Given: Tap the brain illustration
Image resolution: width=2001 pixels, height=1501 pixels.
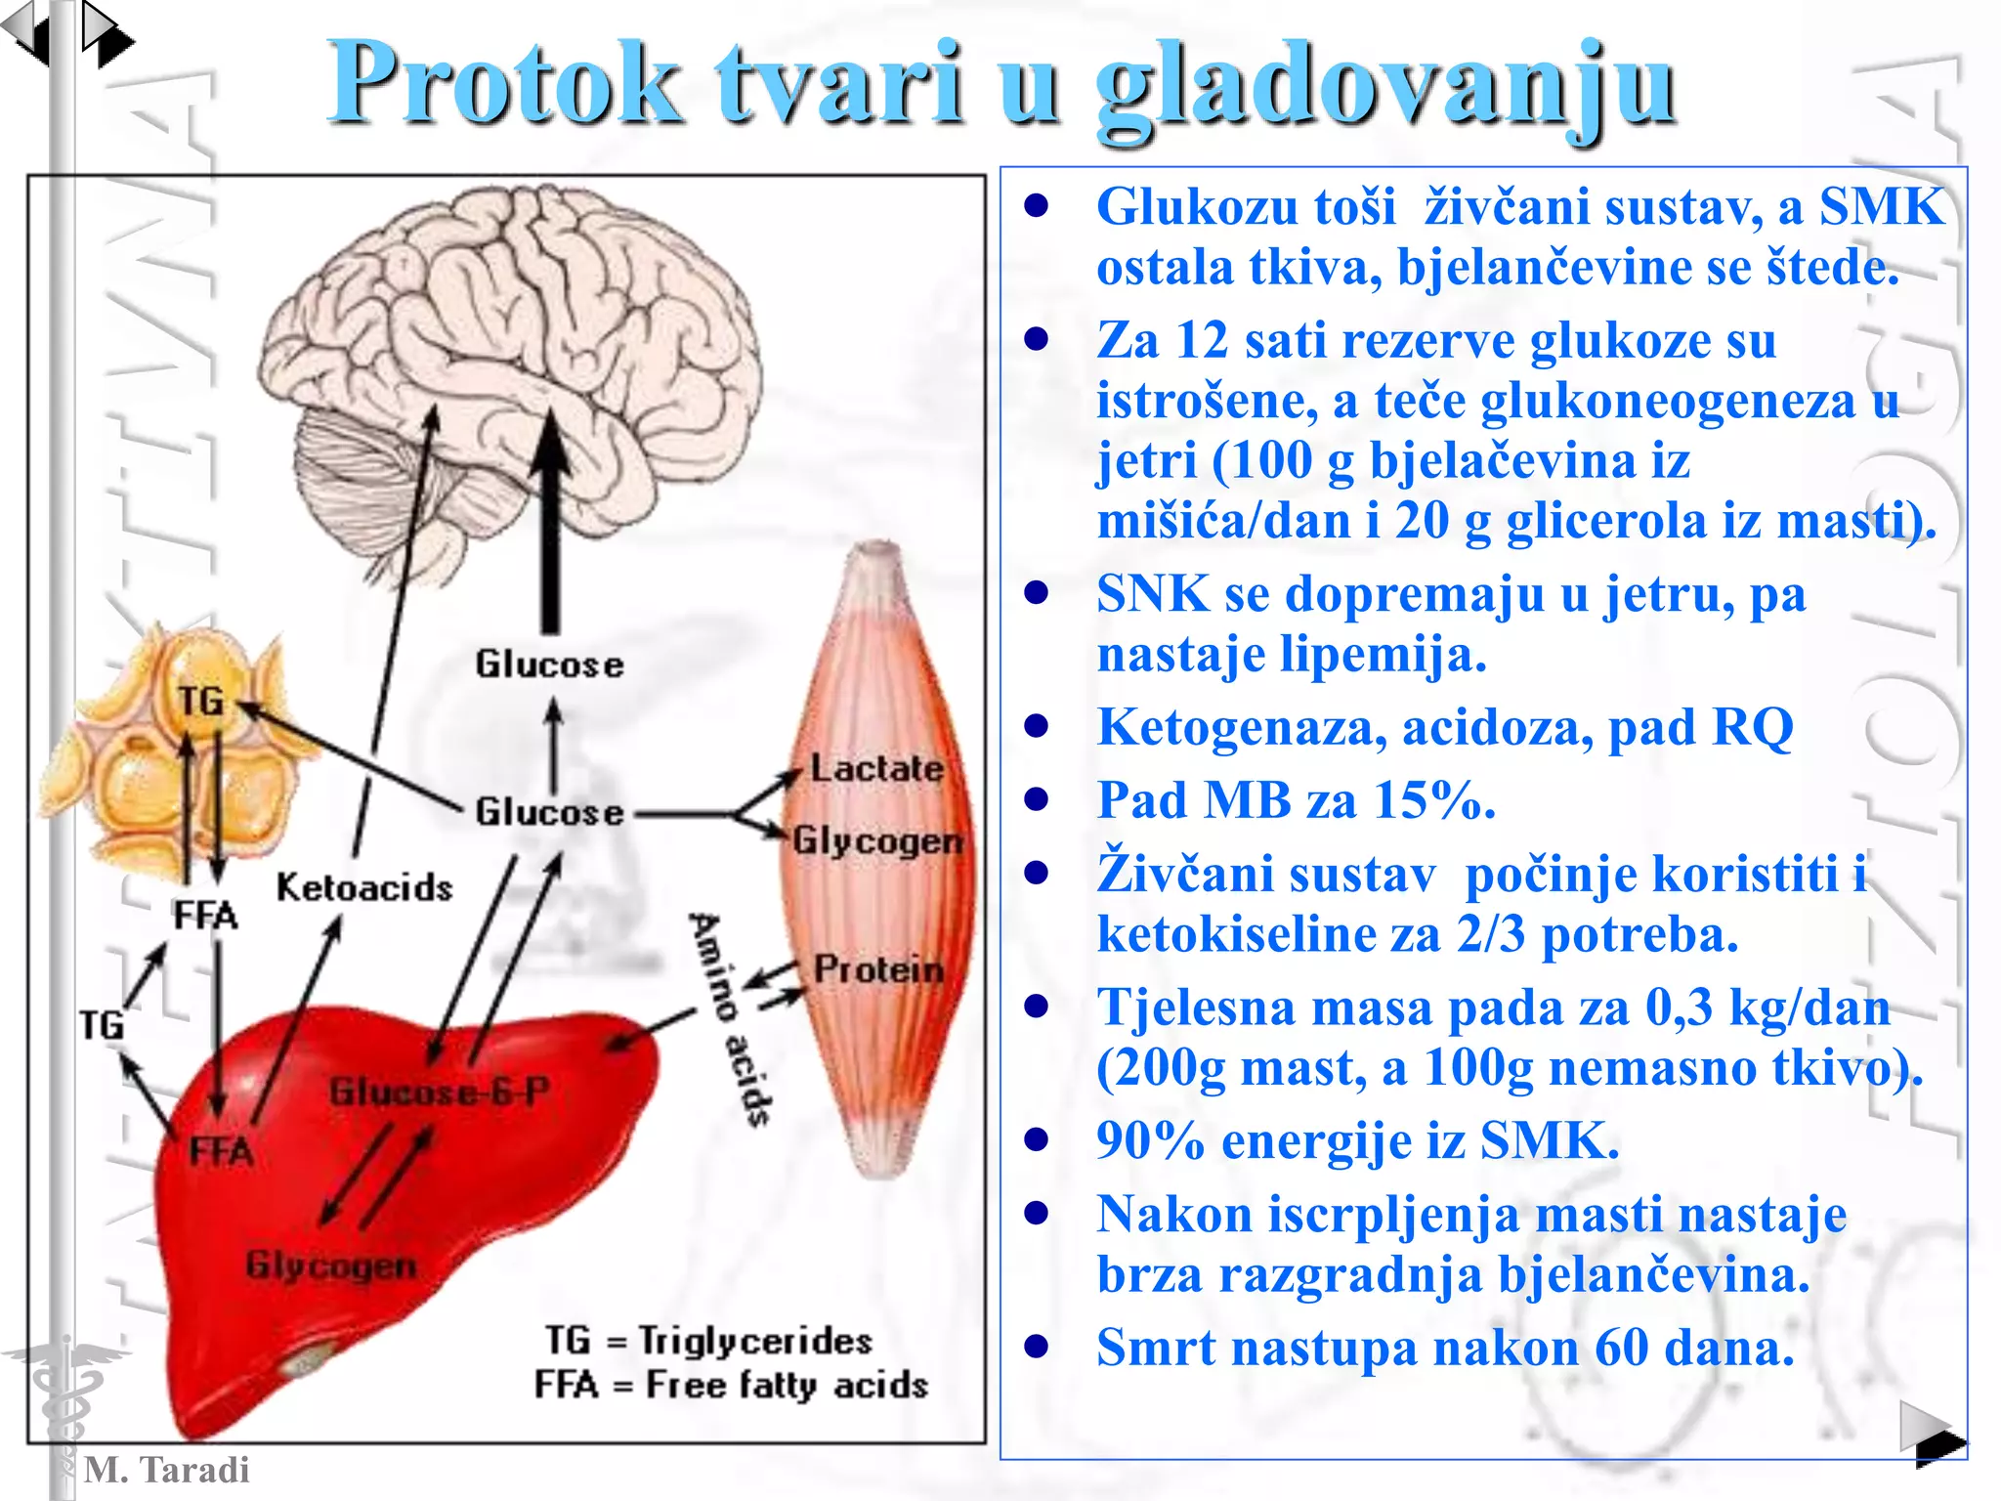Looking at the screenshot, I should pos(508,322).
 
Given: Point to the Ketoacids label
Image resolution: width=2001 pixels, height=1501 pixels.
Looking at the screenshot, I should pos(364,887).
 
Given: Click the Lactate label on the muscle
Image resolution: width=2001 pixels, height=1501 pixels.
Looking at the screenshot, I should pos(876,768).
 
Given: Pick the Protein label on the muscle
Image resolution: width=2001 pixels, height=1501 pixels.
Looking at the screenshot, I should pos(878,969).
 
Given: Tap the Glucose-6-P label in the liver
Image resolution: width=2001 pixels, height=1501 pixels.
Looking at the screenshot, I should pos(440,1092).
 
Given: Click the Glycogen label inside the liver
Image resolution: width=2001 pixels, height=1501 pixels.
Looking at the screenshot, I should pos(331,1265).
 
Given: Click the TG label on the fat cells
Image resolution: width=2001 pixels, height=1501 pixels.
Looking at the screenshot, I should pos(200,701).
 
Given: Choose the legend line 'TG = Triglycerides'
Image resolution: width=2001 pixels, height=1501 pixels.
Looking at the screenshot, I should pos(708,1341).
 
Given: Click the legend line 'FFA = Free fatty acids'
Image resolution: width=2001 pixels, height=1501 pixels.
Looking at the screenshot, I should pos(730,1385).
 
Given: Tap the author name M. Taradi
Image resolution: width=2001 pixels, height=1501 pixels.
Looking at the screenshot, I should pos(166,1470).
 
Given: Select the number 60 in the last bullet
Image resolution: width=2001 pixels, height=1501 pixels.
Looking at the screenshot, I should pos(1622,1349).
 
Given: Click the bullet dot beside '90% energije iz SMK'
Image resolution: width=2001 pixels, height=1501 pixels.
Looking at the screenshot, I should pos(1037,1140).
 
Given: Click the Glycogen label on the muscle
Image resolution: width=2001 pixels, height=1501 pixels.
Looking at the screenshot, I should pos(876,840).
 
